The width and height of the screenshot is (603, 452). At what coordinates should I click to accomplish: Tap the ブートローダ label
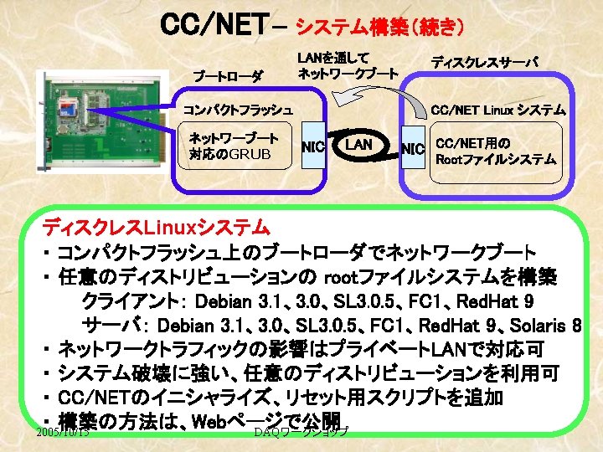229,77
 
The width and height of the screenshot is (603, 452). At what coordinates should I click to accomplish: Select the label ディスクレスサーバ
485,62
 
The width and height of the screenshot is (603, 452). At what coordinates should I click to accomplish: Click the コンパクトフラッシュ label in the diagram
238,110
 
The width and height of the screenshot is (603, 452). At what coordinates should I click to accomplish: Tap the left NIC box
313,147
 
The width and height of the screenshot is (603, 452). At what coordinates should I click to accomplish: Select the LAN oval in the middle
360,146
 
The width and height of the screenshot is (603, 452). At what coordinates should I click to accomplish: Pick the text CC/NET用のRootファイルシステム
497,151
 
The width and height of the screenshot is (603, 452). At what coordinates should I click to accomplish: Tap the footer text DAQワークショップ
301,432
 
